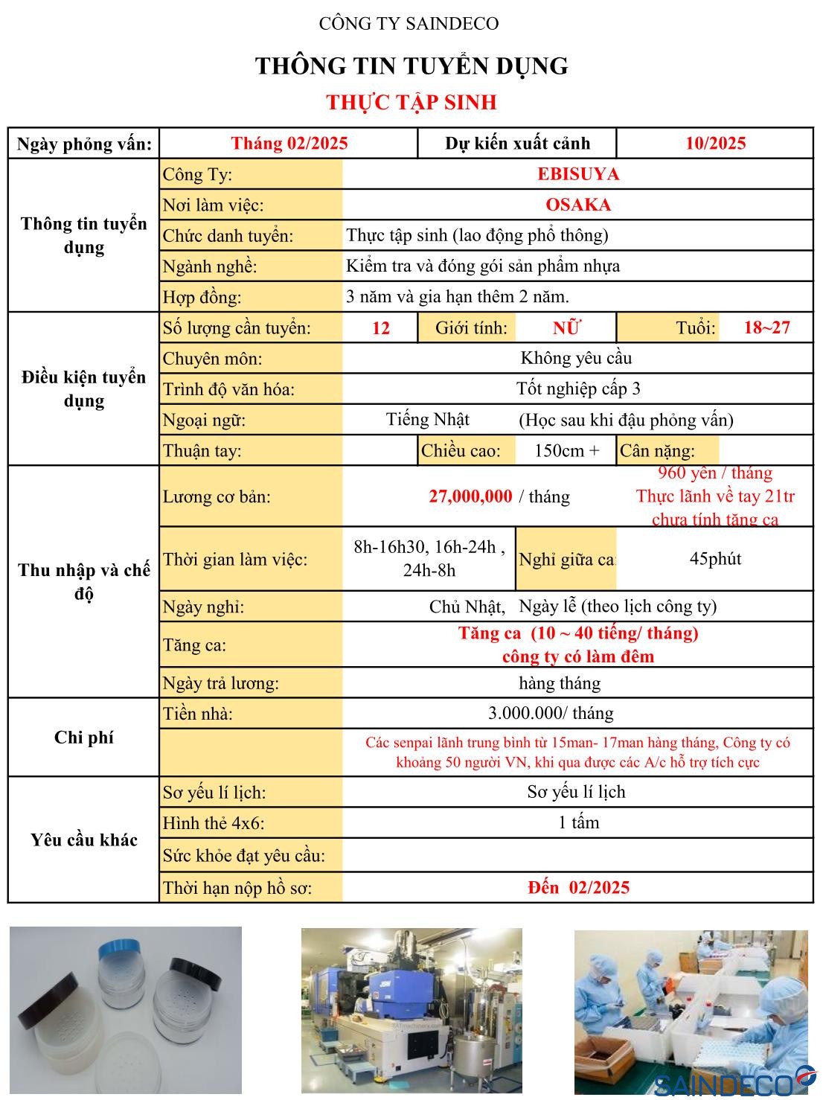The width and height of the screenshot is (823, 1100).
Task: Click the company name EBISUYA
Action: tap(577, 174)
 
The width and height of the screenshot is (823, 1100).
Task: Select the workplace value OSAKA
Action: tap(577, 205)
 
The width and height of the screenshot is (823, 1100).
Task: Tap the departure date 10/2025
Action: tap(715, 144)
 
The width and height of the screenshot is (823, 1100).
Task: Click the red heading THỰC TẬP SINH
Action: tap(411, 102)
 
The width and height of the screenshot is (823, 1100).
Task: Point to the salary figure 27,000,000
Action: tap(470, 496)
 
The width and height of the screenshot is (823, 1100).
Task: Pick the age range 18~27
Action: tap(766, 327)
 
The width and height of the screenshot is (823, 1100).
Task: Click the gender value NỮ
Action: tap(566, 327)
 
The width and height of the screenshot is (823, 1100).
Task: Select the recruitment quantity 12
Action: tap(380, 328)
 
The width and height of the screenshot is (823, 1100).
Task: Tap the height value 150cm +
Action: tap(566, 450)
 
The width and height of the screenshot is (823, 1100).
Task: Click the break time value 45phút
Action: tap(715, 559)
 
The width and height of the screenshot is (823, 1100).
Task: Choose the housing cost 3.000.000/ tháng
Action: tap(551, 713)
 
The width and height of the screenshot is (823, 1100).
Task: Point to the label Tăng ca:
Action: tap(195, 645)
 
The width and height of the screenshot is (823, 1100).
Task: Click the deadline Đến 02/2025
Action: tap(578, 887)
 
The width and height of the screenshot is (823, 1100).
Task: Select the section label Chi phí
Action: tap(83, 738)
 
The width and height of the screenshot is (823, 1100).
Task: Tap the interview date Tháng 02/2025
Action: tap(289, 144)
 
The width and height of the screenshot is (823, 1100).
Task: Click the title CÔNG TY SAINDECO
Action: tap(409, 24)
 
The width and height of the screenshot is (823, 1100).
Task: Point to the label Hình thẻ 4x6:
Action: tap(214, 823)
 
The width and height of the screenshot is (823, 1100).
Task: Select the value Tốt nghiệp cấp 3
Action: tap(578, 388)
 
